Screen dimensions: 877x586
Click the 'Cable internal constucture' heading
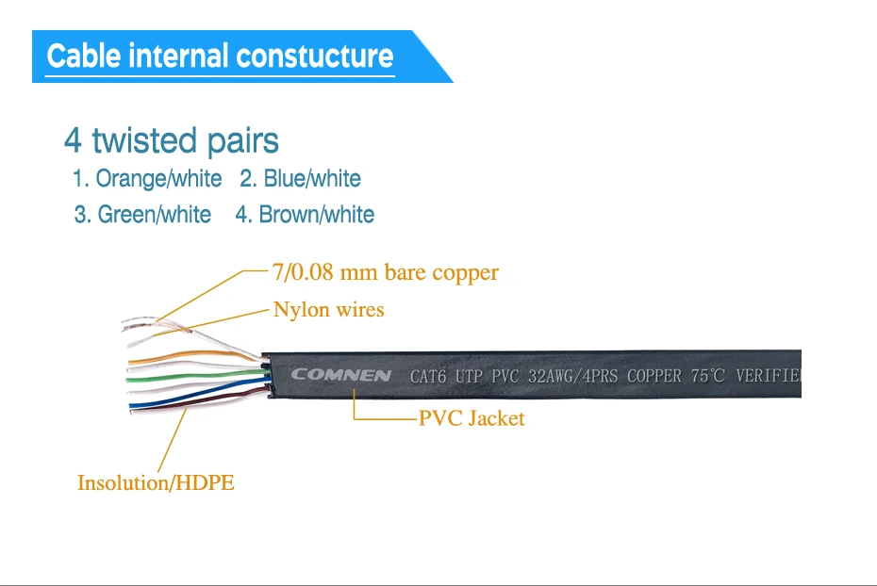(220, 56)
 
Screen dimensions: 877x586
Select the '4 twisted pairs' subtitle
(171, 141)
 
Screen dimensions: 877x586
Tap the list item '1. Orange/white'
(147, 179)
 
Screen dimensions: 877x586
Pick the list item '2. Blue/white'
(300, 179)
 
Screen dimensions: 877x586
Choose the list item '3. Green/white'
(142, 215)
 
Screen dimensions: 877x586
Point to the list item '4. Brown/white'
(305, 215)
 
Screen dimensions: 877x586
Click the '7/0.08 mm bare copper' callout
(385, 273)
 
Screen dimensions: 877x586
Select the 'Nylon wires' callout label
(328, 310)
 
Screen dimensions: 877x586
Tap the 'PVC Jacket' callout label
(472, 419)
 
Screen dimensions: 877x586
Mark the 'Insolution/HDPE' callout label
(156, 483)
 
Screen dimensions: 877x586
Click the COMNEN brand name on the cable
(340, 375)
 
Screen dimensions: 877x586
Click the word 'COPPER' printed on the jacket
(654, 376)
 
